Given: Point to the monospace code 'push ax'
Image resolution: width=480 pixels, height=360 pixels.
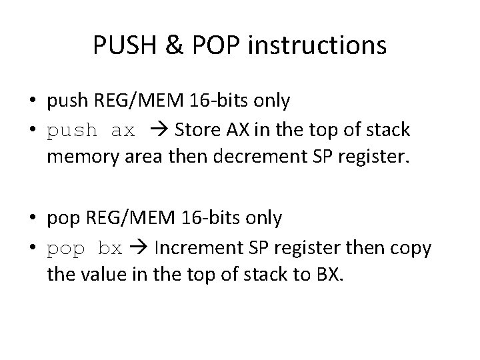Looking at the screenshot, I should click(91, 131).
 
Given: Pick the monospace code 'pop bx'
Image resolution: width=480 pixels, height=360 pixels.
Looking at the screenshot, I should click(85, 248).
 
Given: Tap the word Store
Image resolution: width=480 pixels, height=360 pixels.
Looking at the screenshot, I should click(195, 131).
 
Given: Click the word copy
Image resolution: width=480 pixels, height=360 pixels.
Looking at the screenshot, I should click(411, 248).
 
